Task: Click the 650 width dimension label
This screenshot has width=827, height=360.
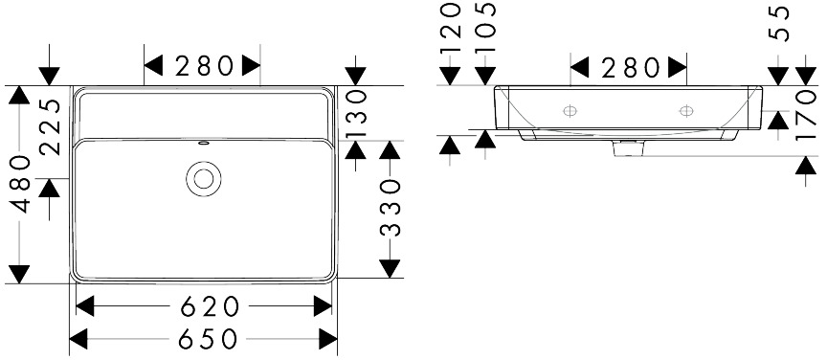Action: point(208,339)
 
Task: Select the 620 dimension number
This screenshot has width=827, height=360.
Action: point(210,306)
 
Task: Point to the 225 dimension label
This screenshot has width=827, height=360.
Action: point(50,126)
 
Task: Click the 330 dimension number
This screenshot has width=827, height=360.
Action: point(391,207)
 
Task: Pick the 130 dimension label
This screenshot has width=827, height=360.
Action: point(356,115)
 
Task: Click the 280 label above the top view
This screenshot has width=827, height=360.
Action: point(204,66)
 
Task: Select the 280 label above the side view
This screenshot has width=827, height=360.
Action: point(630,68)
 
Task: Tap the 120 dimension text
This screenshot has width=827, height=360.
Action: point(451,27)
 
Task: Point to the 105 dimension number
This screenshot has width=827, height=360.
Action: point(485,27)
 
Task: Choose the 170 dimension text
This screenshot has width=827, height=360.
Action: point(806,116)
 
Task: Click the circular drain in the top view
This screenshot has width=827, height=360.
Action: point(204,179)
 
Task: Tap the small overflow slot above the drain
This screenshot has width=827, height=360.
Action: point(204,143)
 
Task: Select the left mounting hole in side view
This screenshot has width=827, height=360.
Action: point(570,110)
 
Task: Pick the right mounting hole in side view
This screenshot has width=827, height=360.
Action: point(686,110)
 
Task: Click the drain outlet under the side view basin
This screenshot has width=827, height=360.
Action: point(628,147)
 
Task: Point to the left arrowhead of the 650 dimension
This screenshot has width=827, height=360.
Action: point(78,339)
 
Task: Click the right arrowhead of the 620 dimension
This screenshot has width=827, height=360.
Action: point(323,306)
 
